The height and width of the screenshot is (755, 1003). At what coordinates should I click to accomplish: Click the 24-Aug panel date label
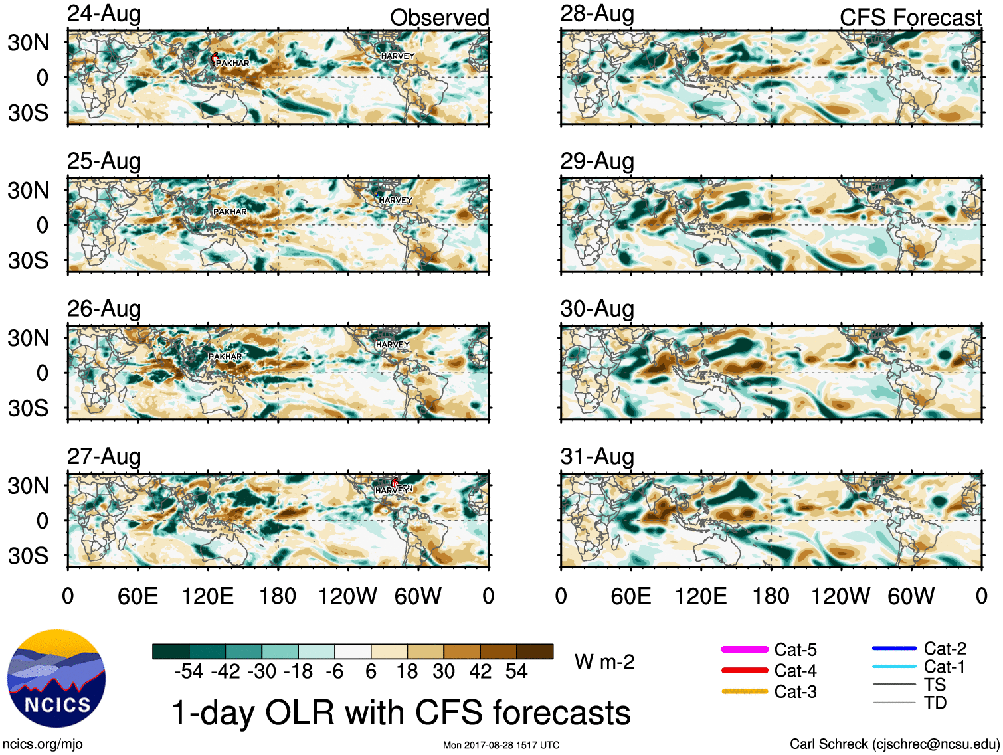click(x=104, y=14)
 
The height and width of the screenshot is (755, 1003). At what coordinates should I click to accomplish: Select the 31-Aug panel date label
click(x=597, y=457)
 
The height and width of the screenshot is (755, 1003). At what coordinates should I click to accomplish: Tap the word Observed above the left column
click(x=439, y=18)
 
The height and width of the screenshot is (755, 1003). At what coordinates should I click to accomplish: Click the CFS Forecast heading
click(x=910, y=18)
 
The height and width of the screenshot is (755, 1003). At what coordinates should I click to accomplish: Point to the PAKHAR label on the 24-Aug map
click(x=232, y=63)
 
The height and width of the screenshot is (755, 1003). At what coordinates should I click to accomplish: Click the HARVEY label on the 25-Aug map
click(x=395, y=200)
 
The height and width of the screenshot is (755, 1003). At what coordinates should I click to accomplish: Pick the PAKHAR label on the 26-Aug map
click(x=225, y=357)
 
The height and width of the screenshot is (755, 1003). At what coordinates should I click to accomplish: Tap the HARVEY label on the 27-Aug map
click(x=393, y=491)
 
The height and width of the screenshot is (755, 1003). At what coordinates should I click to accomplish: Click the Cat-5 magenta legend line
click(x=745, y=649)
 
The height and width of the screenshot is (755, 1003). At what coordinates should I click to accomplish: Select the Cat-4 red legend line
click(x=745, y=671)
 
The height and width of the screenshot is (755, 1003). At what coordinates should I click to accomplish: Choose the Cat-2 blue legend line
click(x=894, y=648)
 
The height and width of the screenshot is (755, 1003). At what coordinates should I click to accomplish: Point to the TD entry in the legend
click(x=935, y=703)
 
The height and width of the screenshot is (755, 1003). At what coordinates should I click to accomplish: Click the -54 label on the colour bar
click(x=189, y=671)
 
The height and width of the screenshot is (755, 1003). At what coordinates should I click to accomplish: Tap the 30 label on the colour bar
click(x=444, y=671)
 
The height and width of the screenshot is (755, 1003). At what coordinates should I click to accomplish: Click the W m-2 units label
click(x=604, y=662)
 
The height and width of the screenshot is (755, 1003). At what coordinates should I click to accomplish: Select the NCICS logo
click(x=56, y=679)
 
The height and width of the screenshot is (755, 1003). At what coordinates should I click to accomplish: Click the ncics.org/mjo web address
click(x=43, y=744)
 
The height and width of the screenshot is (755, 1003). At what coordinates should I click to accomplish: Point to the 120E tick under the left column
click(x=208, y=596)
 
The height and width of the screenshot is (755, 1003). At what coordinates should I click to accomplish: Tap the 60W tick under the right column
click(x=911, y=596)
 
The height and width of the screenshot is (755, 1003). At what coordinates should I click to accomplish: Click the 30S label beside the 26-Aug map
click(x=29, y=408)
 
